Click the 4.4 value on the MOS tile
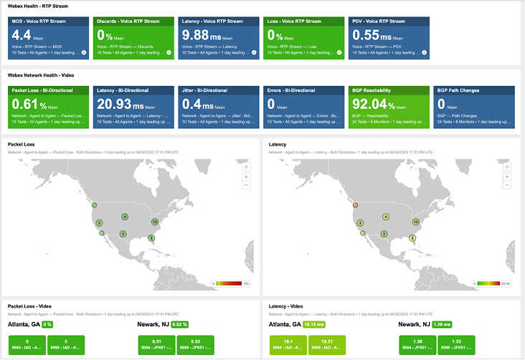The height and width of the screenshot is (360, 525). tap(22, 34)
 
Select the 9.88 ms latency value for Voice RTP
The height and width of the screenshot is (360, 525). tap(202, 34)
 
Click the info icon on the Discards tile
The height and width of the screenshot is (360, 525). tap(169, 52)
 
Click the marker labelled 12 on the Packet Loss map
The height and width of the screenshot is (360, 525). tap(155, 222)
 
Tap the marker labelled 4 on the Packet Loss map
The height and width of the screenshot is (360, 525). tap(125, 216)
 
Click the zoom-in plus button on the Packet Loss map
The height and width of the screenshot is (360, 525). tap(246, 176)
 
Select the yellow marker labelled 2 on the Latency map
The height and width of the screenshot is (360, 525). tap(412, 238)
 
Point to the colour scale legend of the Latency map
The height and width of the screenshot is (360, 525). tap(494, 283)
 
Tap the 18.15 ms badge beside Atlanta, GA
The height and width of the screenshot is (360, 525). tap(316, 325)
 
